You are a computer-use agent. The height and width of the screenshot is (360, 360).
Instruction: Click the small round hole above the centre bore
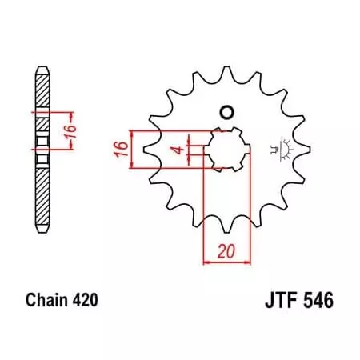(x=226, y=112)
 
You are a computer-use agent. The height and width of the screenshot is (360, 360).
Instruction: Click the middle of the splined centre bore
(x=225, y=149)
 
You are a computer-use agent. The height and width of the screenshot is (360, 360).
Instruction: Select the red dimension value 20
(x=226, y=250)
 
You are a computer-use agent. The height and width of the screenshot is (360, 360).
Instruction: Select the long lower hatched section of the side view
(x=42, y=192)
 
